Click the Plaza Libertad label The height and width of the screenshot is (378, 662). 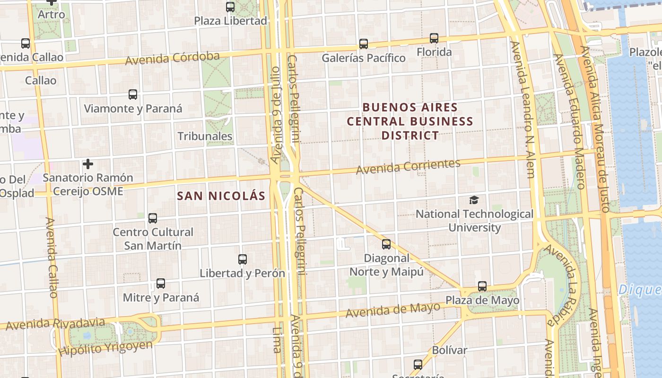point(231,21)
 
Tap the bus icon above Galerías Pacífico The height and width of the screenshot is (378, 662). point(364,44)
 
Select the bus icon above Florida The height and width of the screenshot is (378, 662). point(434,38)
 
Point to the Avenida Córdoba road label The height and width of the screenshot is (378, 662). point(173,58)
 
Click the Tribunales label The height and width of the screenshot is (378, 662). point(205,136)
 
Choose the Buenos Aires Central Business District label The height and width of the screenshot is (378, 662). point(410,121)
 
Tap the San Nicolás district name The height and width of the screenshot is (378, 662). point(221,196)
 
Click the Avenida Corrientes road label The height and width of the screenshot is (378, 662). point(408,166)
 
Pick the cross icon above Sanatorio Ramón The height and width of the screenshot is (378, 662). point(87,164)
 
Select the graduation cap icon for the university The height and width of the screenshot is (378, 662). point(474,200)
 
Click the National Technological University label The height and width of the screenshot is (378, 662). point(474,221)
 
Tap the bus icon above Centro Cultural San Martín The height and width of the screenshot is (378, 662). point(153,218)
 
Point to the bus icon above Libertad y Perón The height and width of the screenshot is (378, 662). point(243,259)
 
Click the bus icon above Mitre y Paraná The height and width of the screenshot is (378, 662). point(161,283)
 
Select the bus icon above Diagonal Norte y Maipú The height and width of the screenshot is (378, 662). point(386,244)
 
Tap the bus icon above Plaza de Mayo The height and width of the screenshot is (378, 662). point(482,286)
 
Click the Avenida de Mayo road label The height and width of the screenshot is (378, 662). point(392,310)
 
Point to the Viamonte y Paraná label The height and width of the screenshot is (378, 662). point(133,108)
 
